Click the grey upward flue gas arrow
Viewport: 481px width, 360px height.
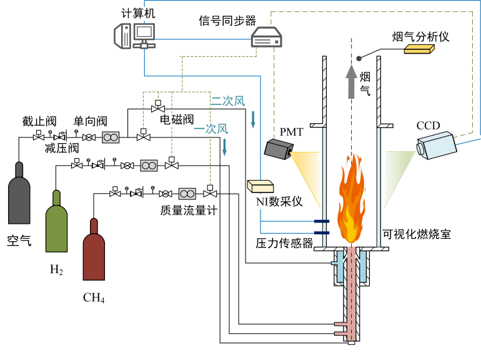tap(352, 81)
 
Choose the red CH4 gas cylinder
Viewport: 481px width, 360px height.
tap(95, 250)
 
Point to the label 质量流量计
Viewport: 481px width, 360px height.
tap(188, 211)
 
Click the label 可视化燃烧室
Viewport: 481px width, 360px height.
tap(416, 234)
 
